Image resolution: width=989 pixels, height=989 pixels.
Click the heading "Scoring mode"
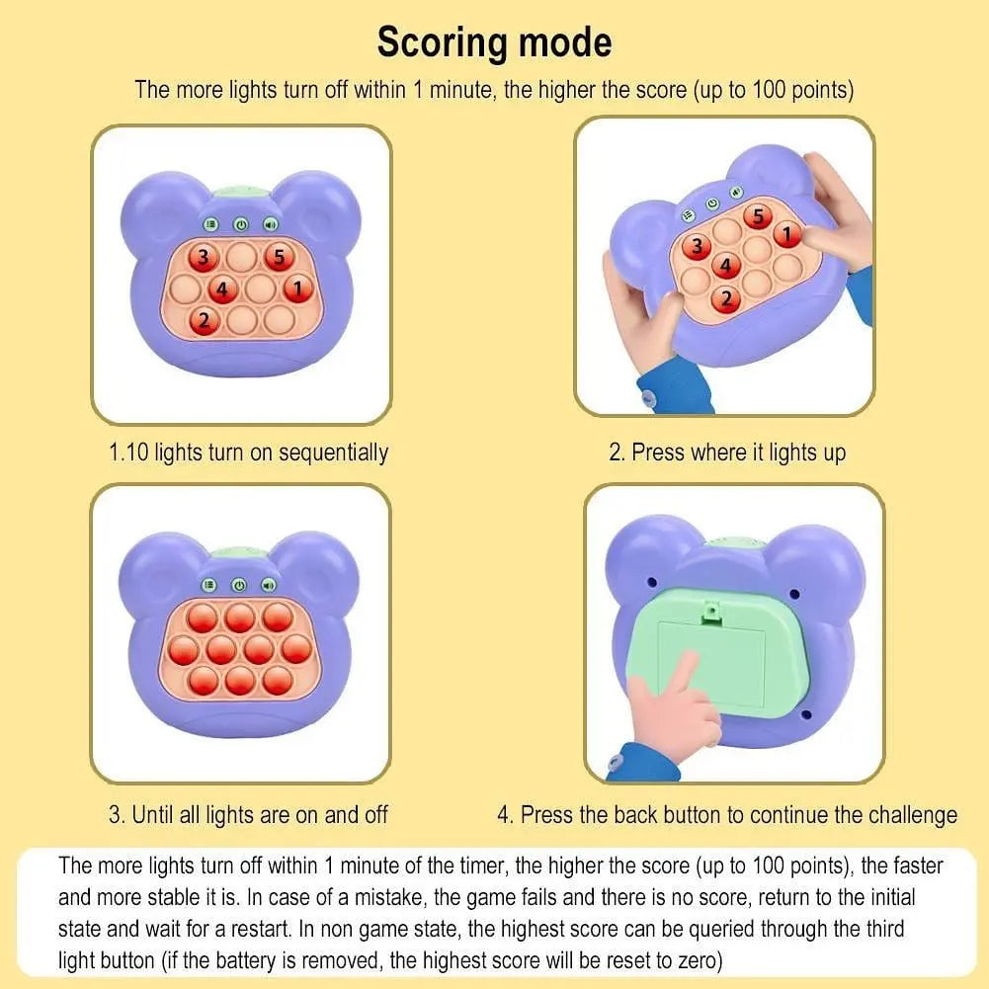pos(494,42)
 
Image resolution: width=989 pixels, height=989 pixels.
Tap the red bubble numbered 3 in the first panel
pos(204,257)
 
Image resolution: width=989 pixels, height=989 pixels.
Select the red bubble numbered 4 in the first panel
pos(222,289)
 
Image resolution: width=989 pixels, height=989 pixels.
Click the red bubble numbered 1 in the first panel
pos(297,289)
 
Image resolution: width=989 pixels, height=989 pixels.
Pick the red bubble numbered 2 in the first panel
pos(204,320)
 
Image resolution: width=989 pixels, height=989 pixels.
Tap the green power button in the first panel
pos(241,224)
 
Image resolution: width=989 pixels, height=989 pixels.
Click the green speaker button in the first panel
pos(271,224)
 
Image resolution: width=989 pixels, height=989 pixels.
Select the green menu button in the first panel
pos(210,224)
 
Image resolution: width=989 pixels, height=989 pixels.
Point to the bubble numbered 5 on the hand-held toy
pos(758,215)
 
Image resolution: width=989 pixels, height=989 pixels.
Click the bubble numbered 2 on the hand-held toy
pos(726,298)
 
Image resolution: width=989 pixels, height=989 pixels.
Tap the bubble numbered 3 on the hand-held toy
pos(697,246)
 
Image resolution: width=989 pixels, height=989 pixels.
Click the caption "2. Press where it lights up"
pos(727,453)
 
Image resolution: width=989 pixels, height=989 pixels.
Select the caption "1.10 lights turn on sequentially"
pos(249,453)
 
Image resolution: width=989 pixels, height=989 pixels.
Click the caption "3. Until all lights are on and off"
pos(248,815)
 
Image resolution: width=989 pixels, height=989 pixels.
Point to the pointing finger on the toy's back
pos(676,701)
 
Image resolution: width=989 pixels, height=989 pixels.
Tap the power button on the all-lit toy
pos(239,585)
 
